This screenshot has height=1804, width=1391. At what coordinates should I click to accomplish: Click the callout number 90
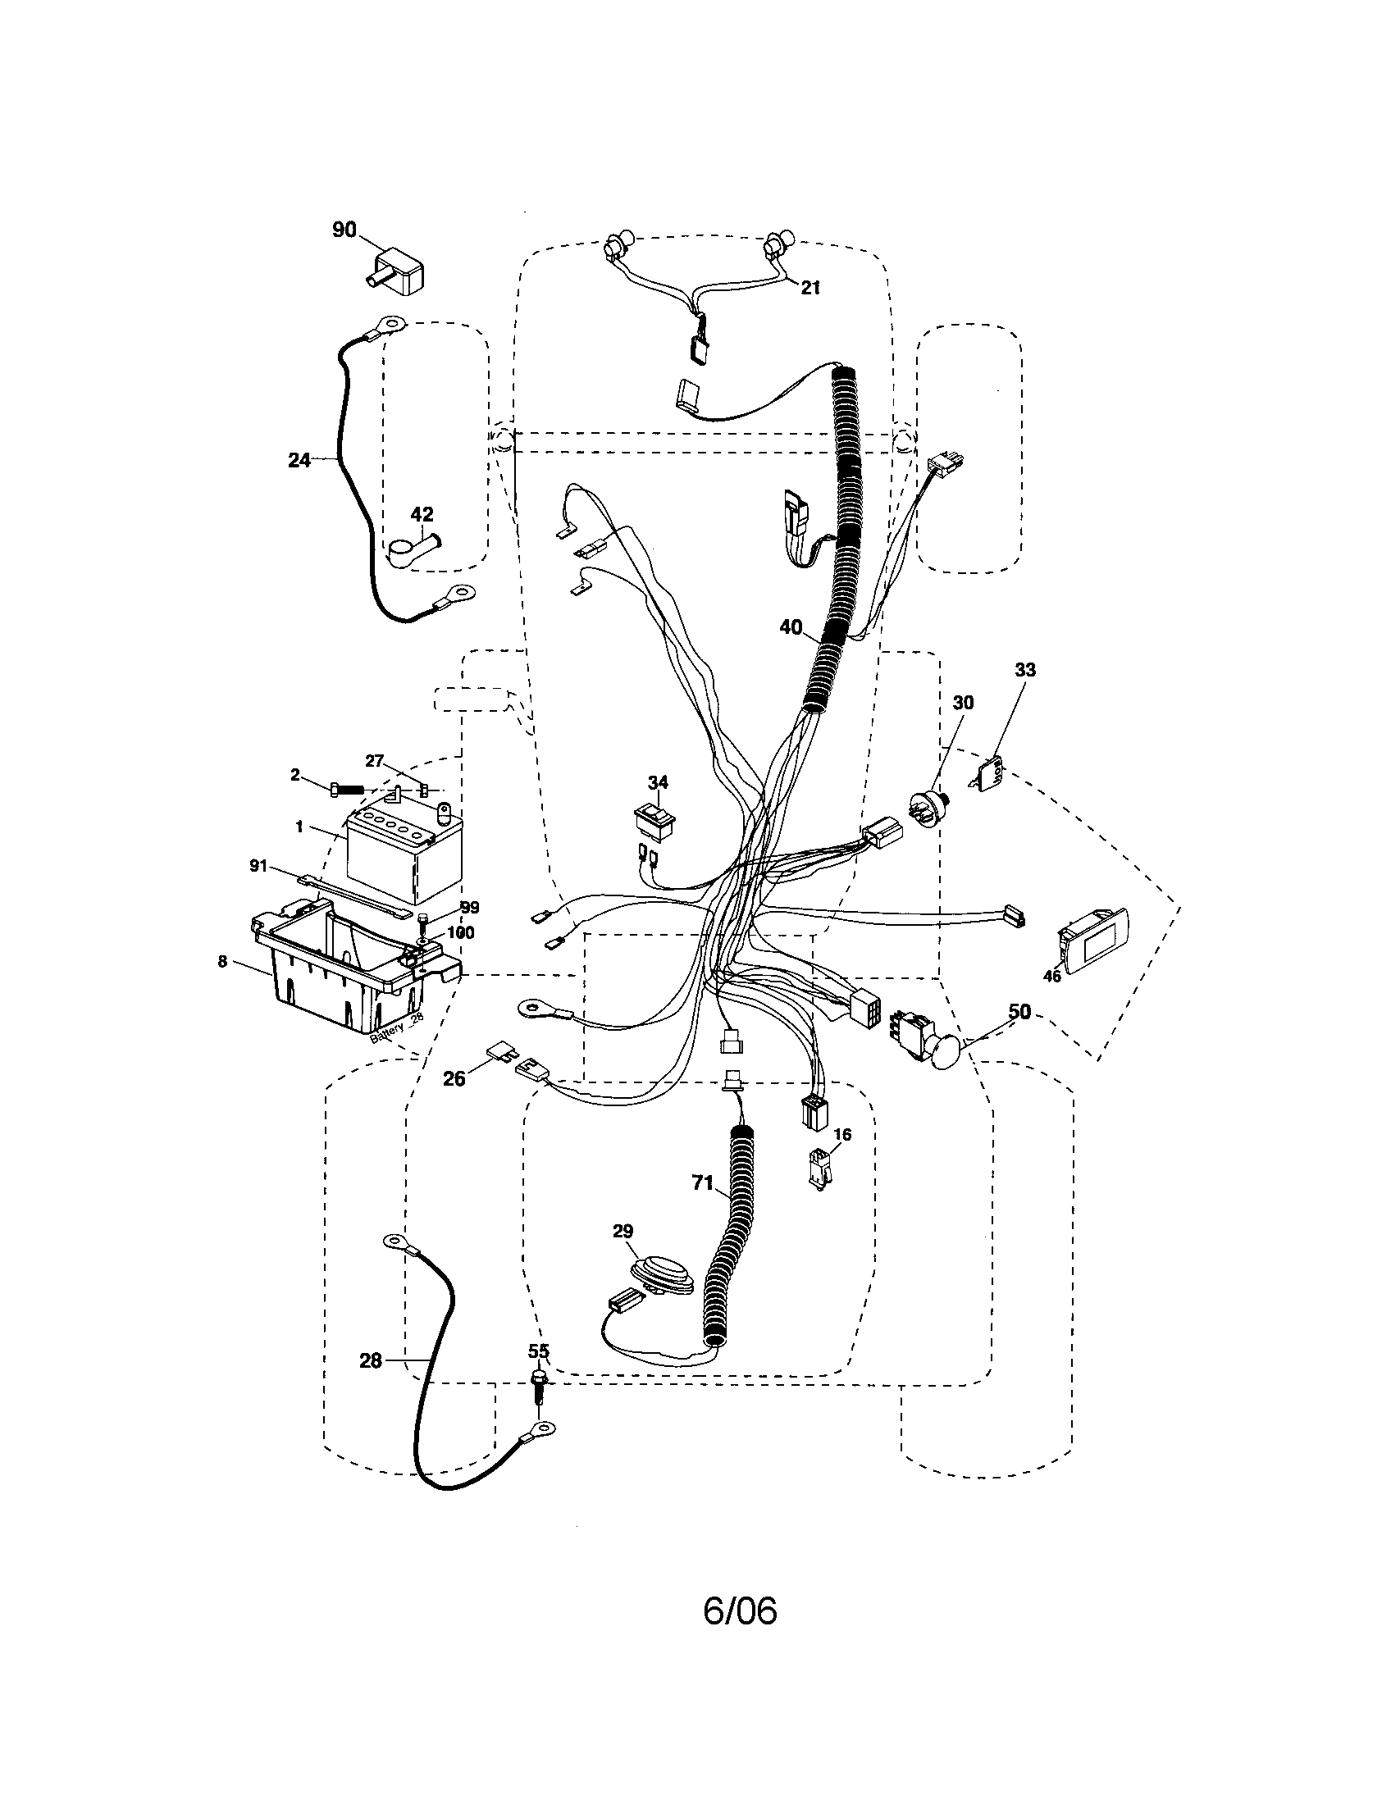(x=344, y=230)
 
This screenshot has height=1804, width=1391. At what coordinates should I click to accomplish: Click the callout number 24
(x=299, y=460)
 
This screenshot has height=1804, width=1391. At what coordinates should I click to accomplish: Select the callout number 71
(x=702, y=1183)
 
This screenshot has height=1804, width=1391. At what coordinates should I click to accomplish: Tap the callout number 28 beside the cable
(x=371, y=1360)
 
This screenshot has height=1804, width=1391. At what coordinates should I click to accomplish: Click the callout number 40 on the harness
(x=791, y=627)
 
